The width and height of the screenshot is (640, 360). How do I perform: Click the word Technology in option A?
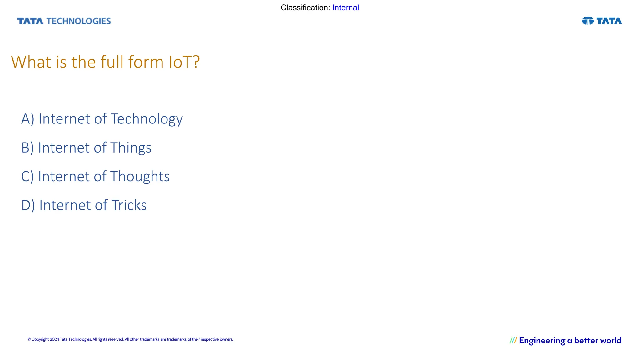147,119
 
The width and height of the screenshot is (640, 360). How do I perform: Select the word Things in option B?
131,148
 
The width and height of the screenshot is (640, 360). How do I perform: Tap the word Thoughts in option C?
140,177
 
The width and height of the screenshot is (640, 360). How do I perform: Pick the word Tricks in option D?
129,205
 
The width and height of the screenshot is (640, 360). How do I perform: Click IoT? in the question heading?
184,62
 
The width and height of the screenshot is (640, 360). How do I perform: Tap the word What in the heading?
31,62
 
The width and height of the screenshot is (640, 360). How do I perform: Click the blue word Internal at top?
346,8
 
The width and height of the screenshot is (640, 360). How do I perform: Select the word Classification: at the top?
305,8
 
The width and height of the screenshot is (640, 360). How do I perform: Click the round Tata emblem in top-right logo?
588,21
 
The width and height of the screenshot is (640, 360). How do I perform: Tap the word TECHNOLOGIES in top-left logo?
79,21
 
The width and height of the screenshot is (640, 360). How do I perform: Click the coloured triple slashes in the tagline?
513,340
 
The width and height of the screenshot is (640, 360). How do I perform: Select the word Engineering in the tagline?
542,341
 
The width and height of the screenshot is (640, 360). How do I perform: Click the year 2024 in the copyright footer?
54,339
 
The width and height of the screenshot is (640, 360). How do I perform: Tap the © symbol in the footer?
29,339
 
